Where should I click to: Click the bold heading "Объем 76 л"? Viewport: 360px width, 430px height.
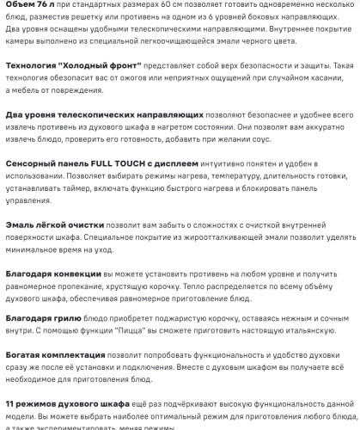click(30, 6)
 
